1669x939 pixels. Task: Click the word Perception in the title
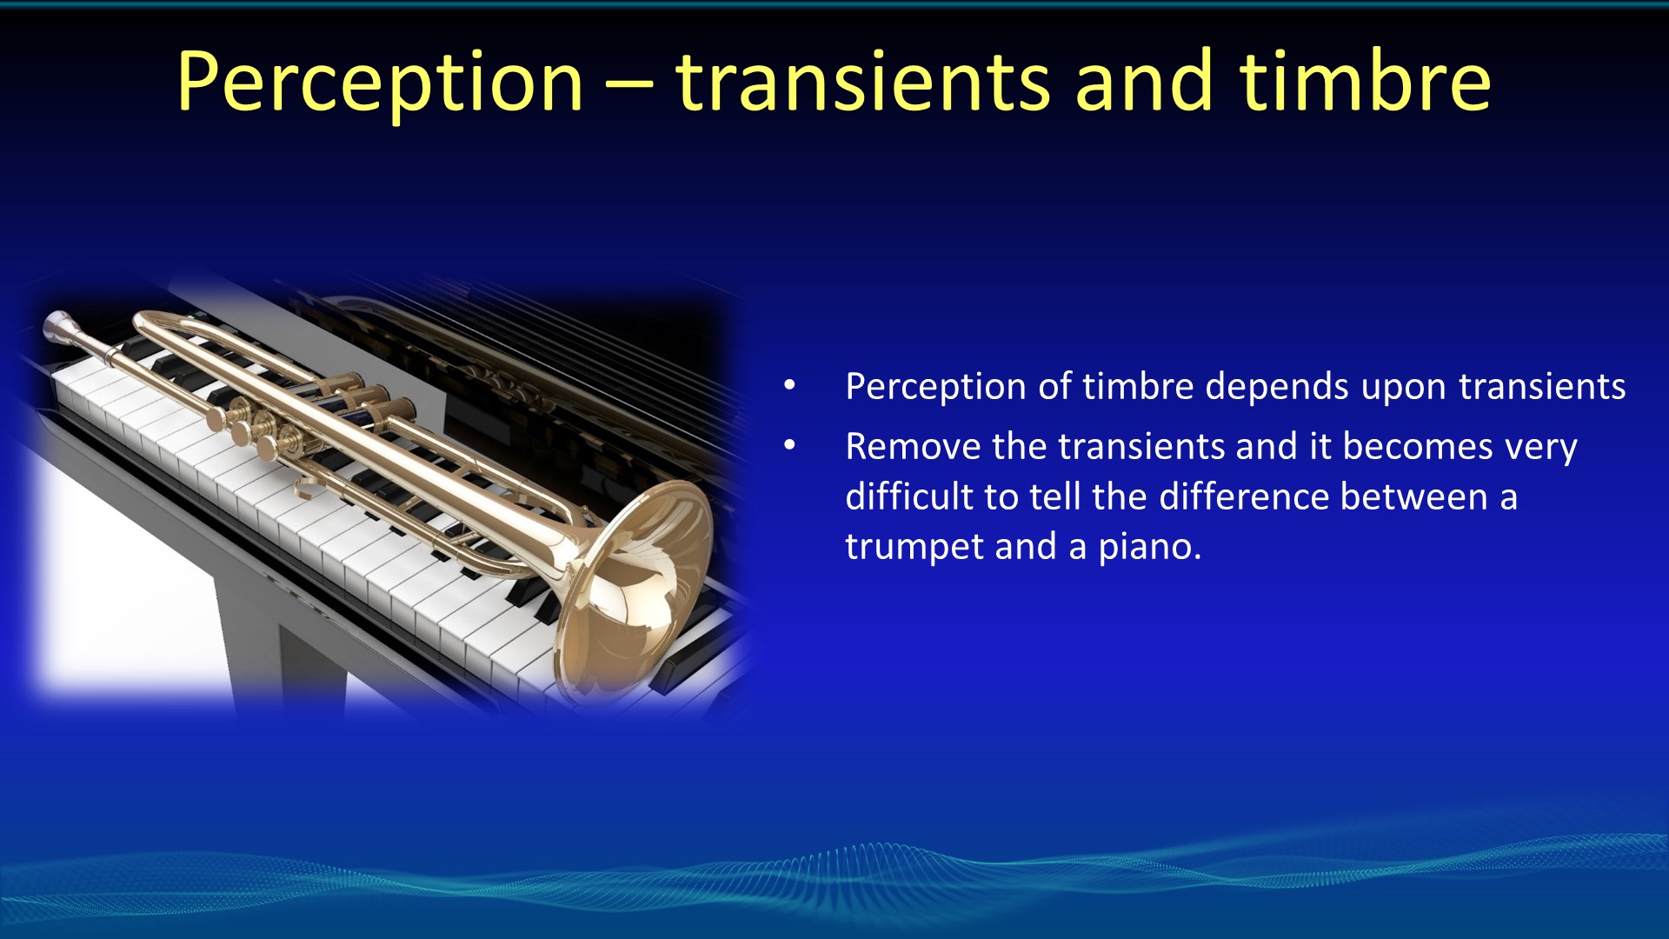[380, 83]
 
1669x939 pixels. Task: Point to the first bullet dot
[789, 386]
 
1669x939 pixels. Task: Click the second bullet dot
[789, 446]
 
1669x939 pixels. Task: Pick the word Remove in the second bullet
[913, 446]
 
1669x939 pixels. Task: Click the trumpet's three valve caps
[261, 426]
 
